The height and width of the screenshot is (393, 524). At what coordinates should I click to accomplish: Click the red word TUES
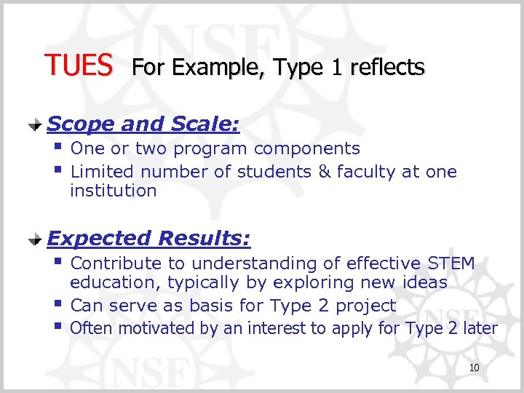(79, 66)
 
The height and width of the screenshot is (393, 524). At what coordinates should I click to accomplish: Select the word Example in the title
(205, 68)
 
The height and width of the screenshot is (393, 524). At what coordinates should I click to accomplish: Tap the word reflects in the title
(387, 68)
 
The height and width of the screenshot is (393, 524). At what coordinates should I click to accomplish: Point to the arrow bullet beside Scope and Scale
(34, 125)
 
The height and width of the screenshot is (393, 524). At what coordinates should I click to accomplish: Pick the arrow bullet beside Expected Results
(34, 239)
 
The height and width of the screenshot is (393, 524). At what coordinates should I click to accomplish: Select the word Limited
(103, 172)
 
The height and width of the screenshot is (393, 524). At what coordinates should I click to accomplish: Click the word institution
(113, 191)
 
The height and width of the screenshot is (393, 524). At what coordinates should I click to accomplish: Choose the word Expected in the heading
(99, 239)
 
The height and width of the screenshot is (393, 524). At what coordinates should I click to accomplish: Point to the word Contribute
(115, 263)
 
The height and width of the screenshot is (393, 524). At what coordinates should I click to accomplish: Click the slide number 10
(474, 368)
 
